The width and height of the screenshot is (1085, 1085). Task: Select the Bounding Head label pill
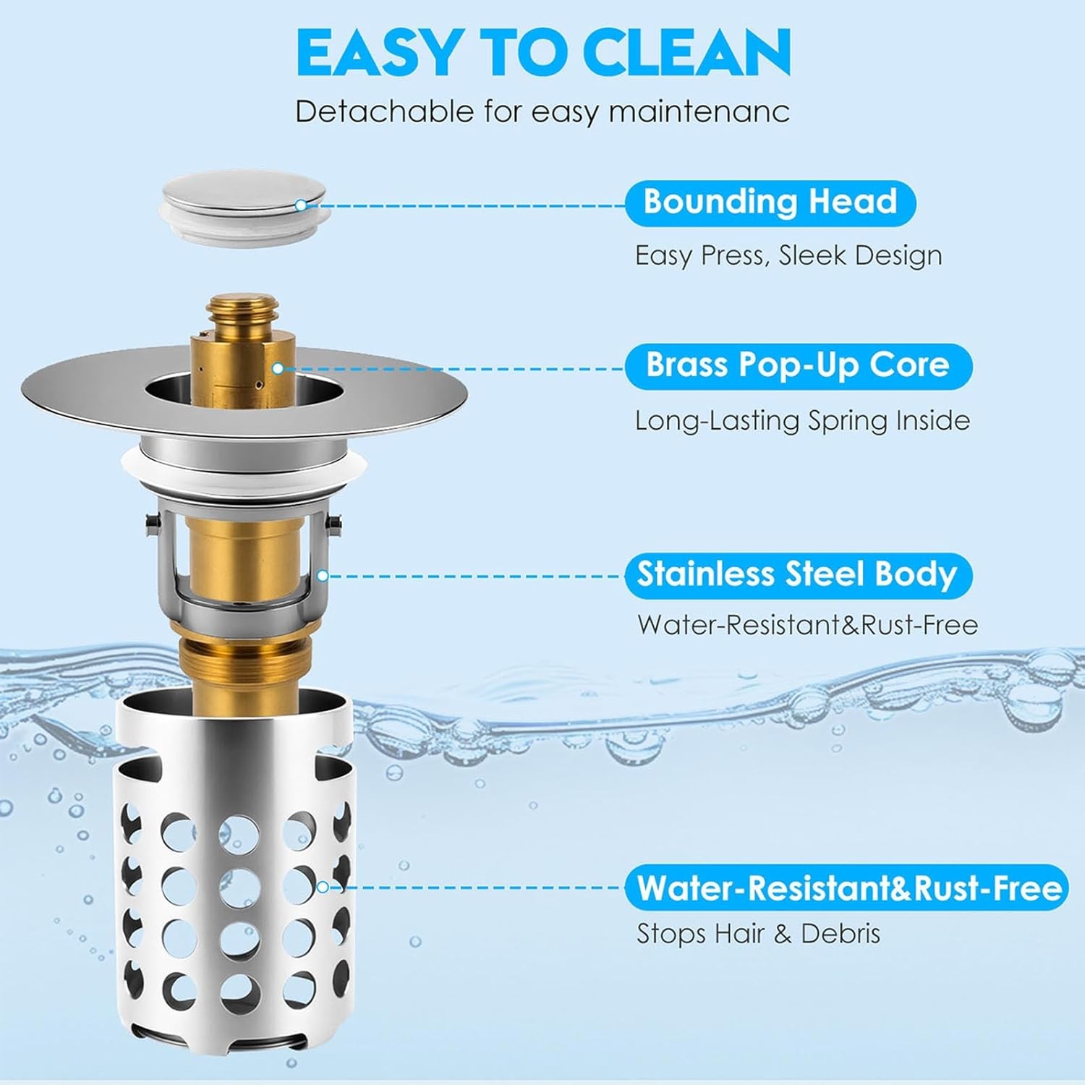[x=770, y=203]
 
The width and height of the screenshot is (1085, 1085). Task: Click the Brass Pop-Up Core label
[x=798, y=366]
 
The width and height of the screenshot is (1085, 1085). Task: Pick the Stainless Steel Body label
[x=798, y=576]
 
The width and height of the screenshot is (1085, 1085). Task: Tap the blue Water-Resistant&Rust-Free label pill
[x=847, y=888]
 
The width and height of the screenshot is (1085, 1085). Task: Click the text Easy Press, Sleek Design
[x=788, y=256]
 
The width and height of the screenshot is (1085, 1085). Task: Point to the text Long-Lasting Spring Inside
[x=802, y=421]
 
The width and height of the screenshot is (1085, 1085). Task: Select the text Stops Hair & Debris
[x=758, y=934]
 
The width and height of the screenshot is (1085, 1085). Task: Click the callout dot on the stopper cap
[x=301, y=205]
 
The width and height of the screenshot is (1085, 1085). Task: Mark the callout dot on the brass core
[x=278, y=368]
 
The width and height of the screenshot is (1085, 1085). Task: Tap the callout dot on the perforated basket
[x=323, y=887]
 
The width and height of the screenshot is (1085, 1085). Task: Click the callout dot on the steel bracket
[x=323, y=576]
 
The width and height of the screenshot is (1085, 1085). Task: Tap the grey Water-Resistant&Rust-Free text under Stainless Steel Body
[x=807, y=625]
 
